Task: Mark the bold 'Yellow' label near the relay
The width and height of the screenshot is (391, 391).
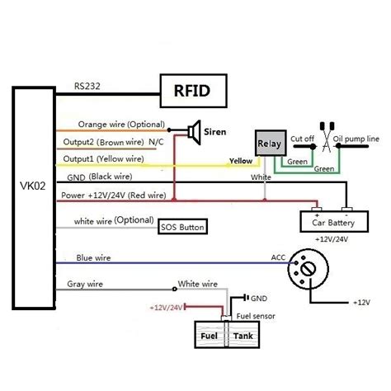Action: [240, 163]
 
